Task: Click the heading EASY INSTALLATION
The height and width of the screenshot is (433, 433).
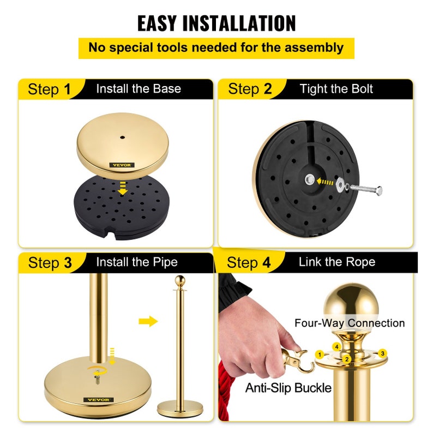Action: (x=216, y=23)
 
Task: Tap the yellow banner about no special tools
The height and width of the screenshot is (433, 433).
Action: (x=216, y=47)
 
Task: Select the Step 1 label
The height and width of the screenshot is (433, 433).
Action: (x=49, y=89)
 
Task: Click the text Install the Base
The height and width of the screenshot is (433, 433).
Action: (x=139, y=89)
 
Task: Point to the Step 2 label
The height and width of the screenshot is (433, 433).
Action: (x=249, y=89)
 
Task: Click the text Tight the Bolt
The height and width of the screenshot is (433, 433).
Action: (x=336, y=89)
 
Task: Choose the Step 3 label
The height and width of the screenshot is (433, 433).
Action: (x=50, y=263)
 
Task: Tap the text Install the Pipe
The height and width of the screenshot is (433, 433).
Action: (x=137, y=262)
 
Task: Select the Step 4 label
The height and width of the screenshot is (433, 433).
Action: (x=249, y=263)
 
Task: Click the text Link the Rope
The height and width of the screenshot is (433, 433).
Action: (x=336, y=262)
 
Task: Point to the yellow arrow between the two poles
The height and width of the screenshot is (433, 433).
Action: (x=148, y=321)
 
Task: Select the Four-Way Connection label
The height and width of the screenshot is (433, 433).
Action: (x=350, y=323)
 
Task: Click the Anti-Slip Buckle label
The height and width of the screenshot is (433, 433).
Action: (x=288, y=388)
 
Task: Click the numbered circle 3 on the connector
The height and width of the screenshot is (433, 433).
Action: (x=383, y=353)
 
